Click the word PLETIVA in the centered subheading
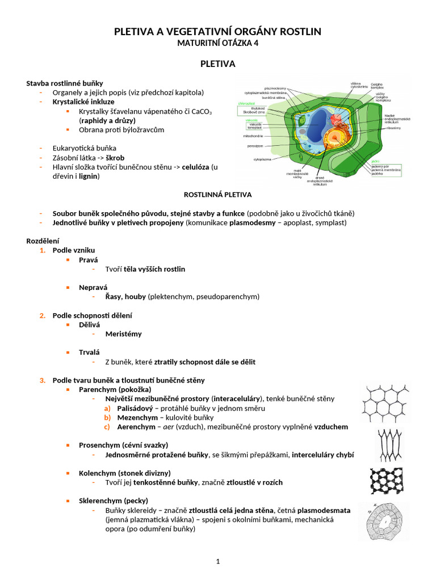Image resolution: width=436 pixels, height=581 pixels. point(218,64)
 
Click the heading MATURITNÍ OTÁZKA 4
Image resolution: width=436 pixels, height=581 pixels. point(218,43)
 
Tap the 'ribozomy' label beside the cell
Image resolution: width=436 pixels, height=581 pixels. point(394,129)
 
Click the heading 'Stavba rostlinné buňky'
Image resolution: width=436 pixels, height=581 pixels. point(65,83)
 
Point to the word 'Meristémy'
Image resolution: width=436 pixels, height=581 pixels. point(123,334)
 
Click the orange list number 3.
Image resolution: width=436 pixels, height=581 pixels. point(43,380)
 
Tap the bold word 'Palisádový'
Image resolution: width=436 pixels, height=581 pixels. point(137,408)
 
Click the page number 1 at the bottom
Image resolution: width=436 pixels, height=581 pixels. point(217,562)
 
